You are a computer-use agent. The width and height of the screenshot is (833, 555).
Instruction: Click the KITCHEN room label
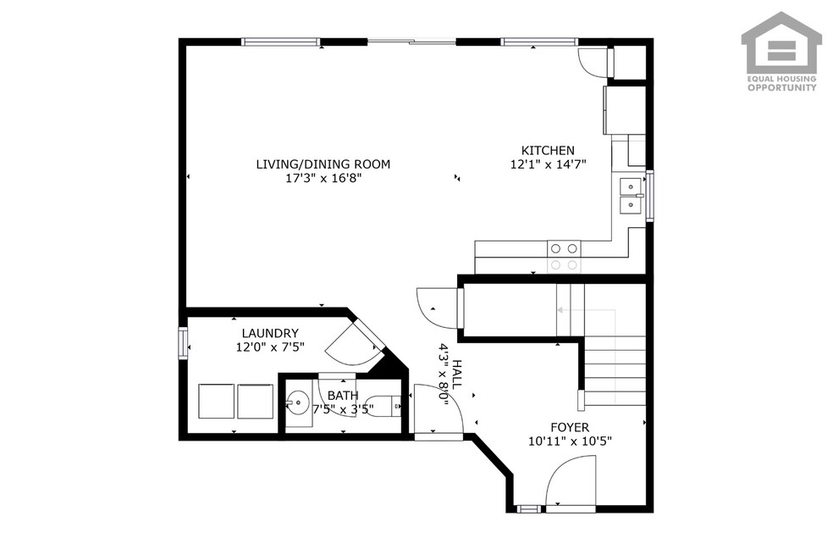point(548,151)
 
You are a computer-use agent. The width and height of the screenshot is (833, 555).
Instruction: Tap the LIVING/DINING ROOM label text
point(323,164)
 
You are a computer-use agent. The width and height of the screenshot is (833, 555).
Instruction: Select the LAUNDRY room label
point(270,333)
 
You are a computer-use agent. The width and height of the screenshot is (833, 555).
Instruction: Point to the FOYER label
point(570,427)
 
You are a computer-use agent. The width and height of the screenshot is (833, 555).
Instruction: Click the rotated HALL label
point(457,375)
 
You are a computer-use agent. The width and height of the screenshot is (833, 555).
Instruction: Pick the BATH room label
point(343,396)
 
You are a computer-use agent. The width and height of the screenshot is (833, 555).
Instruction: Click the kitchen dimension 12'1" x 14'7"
point(548,164)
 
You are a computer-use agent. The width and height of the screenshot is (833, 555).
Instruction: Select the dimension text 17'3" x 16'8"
point(323,178)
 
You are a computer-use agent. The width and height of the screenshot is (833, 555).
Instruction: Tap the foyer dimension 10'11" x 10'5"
point(570,441)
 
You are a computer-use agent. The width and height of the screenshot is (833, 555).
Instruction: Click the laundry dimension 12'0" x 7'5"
point(270,347)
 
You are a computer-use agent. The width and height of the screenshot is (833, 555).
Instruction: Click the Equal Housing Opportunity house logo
point(781,42)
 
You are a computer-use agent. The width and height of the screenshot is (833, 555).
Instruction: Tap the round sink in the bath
point(297,402)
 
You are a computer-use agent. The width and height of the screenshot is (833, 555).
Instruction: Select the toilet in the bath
point(384,406)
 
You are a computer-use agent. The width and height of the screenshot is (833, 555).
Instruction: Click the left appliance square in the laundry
point(216,401)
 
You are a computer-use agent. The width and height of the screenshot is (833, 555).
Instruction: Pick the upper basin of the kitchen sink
point(631,187)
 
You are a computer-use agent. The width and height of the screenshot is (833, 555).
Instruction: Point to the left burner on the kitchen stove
point(555,248)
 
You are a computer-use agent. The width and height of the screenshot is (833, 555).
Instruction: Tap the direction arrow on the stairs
point(586,309)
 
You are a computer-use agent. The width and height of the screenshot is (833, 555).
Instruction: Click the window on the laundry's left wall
point(184,343)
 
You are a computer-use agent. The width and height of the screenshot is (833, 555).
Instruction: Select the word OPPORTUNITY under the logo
point(782,88)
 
